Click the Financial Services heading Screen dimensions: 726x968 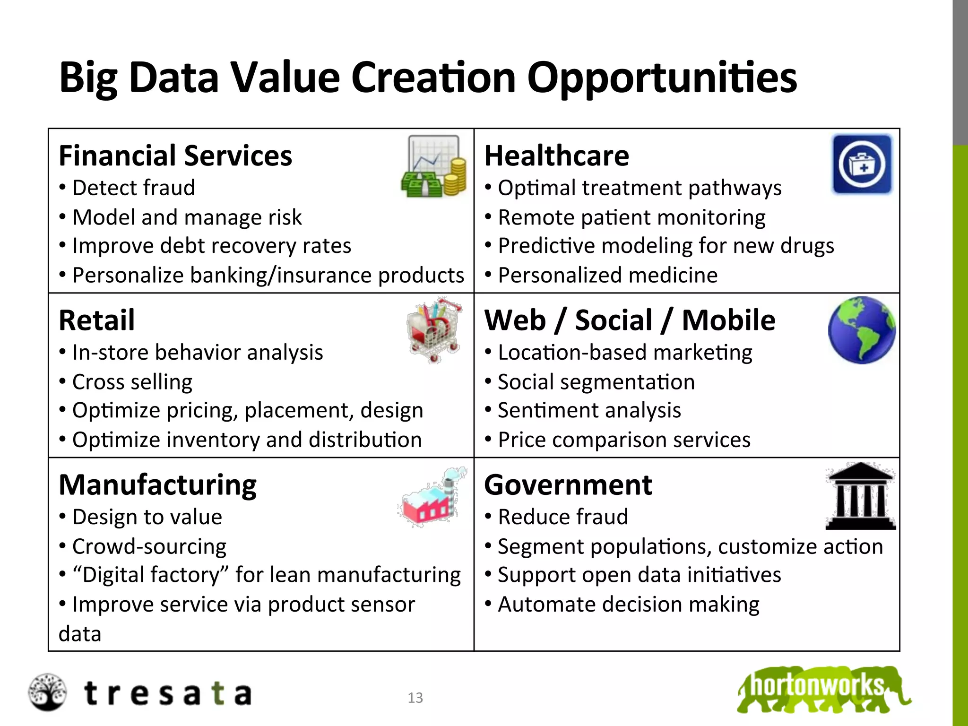pyautogui.click(x=175, y=156)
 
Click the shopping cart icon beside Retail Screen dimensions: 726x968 pyautogui.click(x=434, y=330)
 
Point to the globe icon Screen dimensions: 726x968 pyautogui.click(x=861, y=330)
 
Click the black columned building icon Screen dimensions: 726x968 pyautogui.click(x=860, y=496)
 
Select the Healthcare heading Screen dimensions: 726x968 pyautogui.click(x=557, y=156)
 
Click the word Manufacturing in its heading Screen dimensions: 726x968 pyautogui.click(x=157, y=485)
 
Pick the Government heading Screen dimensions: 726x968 pyautogui.click(x=568, y=485)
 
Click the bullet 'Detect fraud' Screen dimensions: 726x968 pyautogui.click(x=133, y=188)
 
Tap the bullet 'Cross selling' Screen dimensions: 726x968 pyautogui.click(x=132, y=382)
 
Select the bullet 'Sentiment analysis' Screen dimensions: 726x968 pyautogui.click(x=589, y=410)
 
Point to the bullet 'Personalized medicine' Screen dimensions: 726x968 pyautogui.click(x=607, y=275)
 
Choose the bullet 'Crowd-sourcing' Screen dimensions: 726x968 pyautogui.click(x=149, y=546)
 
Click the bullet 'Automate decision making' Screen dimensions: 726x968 pyautogui.click(x=628, y=605)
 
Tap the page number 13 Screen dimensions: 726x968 pyautogui.click(x=415, y=698)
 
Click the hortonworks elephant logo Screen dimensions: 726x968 pyautogui.click(x=822, y=689)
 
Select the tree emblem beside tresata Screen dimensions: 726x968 pyautogui.click(x=47, y=692)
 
